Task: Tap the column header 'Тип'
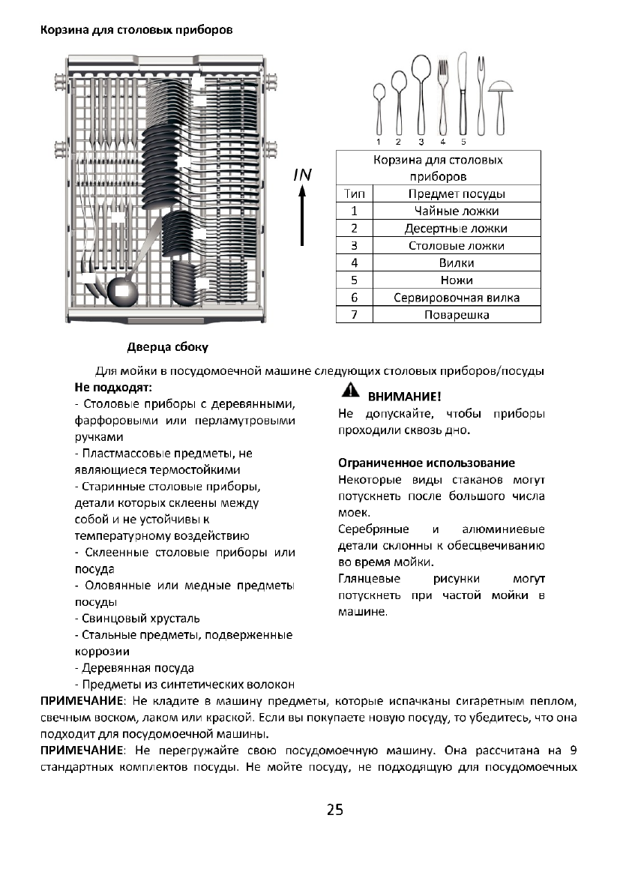click(354, 193)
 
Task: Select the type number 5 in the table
click(354, 280)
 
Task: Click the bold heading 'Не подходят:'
click(112, 388)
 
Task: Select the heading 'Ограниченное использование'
click(426, 463)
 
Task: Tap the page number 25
click(334, 810)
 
